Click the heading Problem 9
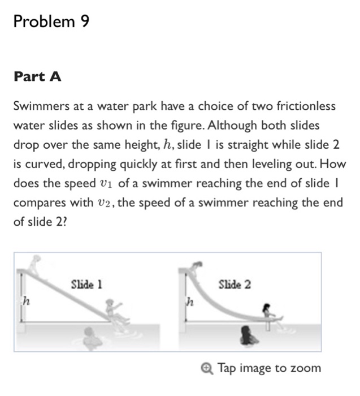click(x=51, y=21)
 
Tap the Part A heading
click(x=37, y=77)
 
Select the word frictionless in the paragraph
click(x=303, y=106)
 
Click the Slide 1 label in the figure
click(x=86, y=285)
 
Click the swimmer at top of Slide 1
click(x=36, y=265)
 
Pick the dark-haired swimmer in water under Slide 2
click(x=248, y=337)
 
